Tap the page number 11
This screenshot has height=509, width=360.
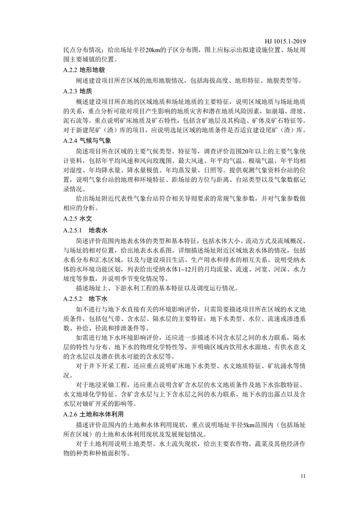click(304, 478)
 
